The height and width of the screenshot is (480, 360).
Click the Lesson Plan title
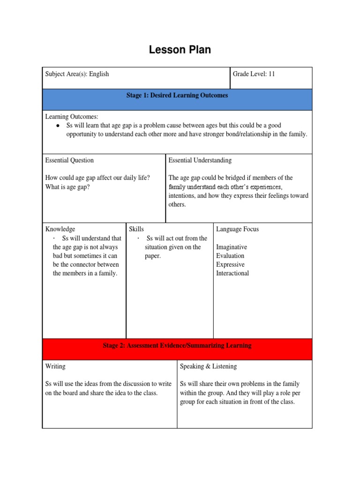[180, 50]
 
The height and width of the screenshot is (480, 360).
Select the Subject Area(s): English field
[77, 74]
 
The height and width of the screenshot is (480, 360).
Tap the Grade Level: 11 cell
[253, 74]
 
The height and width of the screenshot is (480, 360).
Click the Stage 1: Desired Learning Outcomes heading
[177, 96]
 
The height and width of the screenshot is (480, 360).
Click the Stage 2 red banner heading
[177, 346]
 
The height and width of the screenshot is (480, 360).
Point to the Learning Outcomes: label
[72, 116]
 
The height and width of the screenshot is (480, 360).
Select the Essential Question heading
[69, 160]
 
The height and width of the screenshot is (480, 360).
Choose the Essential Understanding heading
[200, 160]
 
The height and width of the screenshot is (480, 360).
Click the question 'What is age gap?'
[67, 187]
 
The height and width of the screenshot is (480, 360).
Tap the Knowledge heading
[60, 229]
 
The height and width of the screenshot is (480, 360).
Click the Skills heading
[136, 229]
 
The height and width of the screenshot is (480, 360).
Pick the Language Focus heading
[237, 229]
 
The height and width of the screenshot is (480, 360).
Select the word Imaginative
[231, 247]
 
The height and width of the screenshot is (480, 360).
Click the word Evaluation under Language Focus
[230, 256]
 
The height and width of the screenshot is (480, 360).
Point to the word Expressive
[230, 265]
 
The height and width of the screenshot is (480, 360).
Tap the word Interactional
[232, 274]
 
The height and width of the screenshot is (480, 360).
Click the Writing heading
[55, 367]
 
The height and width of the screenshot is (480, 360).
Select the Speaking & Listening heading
[208, 367]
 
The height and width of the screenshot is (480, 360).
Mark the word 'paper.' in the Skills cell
[153, 256]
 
